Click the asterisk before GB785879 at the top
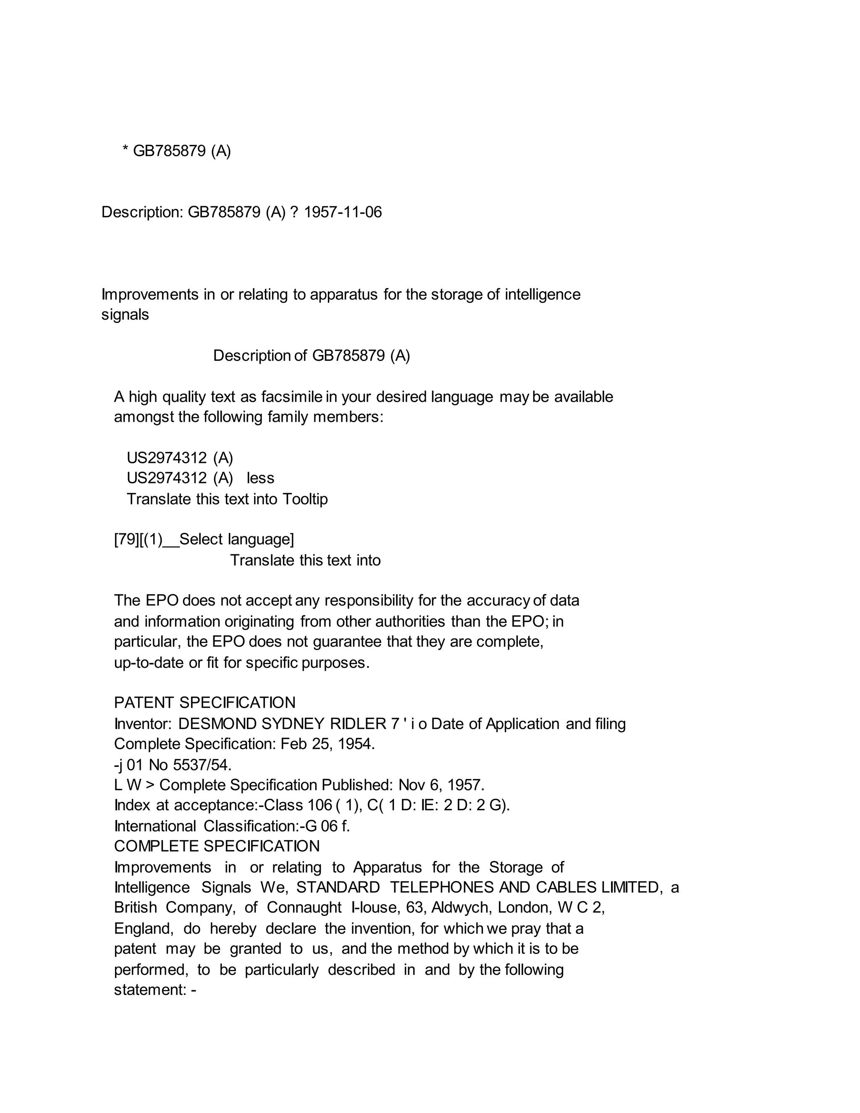tap(125, 150)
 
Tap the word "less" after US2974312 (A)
tap(260, 478)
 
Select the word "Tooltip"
tap(305, 499)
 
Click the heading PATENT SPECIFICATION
tap(205, 703)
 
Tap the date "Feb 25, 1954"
tap(328, 744)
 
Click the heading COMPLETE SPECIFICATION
tap(217, 846)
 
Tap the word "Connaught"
tap(304, 908)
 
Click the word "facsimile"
tap(292, 396)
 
